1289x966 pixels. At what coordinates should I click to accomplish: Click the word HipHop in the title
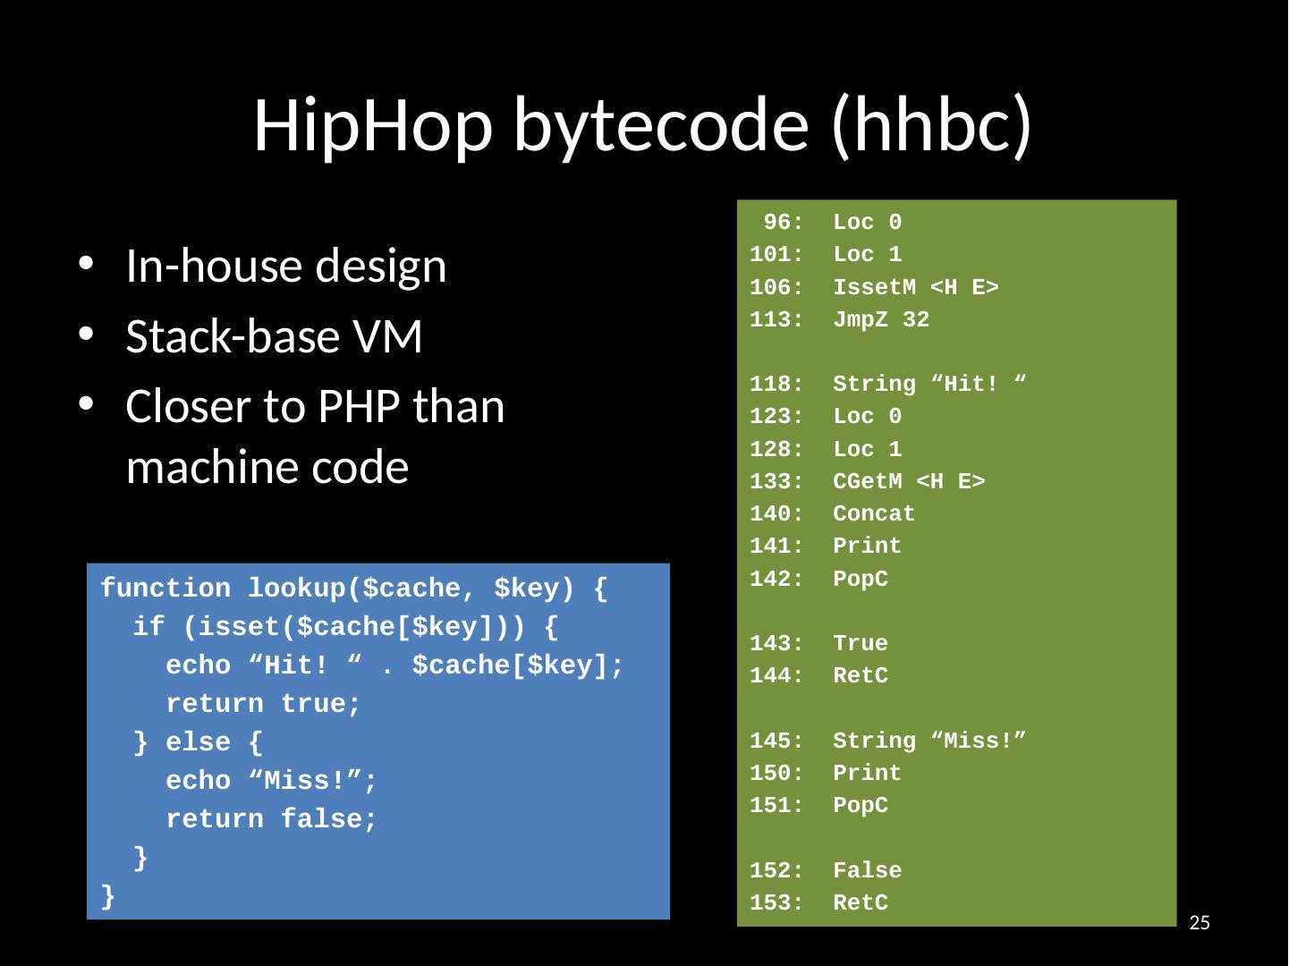pos(371,124)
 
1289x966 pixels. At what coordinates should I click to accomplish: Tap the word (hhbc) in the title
pos(931,124)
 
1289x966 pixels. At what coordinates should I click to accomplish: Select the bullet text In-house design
pos(285,266)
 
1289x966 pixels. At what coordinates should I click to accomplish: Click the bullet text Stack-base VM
pos(274,336)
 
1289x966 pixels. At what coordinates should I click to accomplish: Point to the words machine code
pos(267,467)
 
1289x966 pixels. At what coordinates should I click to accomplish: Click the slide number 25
pos(1200,923)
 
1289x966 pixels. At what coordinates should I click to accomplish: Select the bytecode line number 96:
pos(783,223)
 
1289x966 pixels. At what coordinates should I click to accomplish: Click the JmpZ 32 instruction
pos(880,320)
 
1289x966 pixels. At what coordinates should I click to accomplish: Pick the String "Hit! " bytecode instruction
pos(929,385)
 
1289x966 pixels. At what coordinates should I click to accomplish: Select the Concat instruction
pos(874,514)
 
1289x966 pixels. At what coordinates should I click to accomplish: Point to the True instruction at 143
pos(860,644)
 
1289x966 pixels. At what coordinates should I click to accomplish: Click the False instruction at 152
pos(867,871)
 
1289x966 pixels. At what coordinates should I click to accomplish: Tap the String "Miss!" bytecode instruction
pos(929,741)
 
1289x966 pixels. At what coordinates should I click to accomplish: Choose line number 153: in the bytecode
pos(776,903)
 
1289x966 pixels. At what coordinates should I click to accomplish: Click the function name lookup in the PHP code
pos(297,589)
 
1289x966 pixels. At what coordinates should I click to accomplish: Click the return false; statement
pos(271,820)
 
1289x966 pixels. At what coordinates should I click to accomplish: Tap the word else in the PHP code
pos(198,743)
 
